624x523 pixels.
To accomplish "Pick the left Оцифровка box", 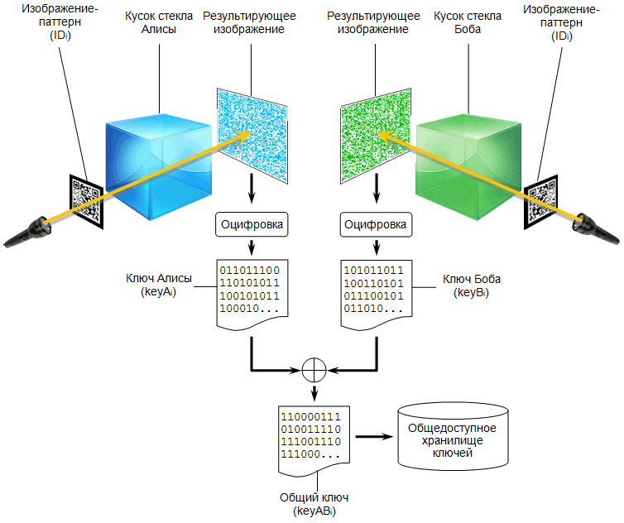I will (251, 223).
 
